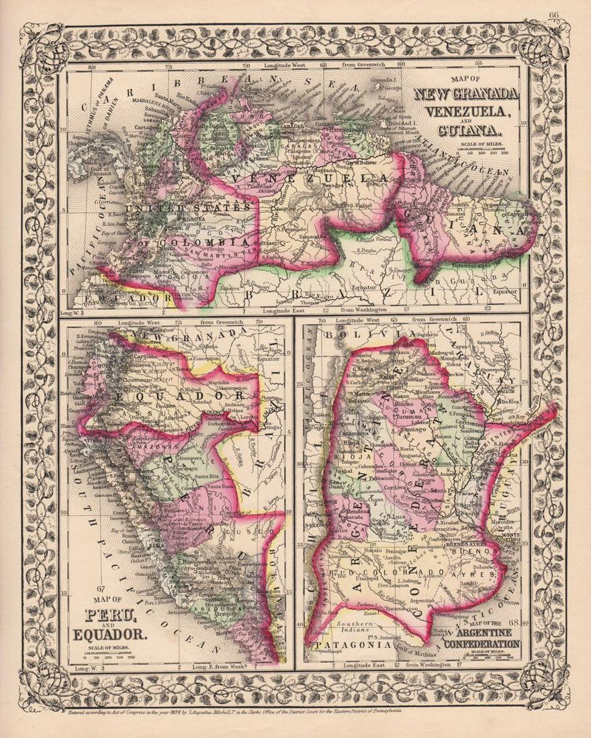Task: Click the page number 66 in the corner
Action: click(555, 16)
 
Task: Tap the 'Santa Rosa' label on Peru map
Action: click(222, 485)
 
